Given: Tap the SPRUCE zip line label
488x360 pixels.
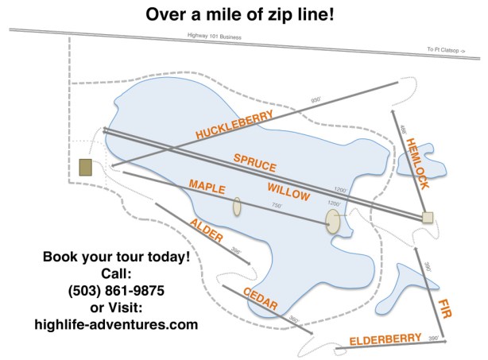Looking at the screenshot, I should (x=254, y=163).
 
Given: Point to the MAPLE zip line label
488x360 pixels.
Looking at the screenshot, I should (x=207, y=188).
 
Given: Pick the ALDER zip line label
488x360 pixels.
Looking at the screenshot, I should (x=206, y=229).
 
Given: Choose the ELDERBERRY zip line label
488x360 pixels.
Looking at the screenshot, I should (x=385, y=340).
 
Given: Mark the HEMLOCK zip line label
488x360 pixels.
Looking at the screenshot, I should (x=416, y=163).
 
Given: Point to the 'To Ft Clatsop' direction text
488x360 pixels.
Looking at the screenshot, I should (x=445, y=49).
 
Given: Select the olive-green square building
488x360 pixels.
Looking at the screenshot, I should (x=86, y=167).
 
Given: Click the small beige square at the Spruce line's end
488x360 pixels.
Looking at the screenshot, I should (x=428, y=217).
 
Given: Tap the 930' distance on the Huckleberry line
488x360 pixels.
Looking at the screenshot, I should (x=315, y=100).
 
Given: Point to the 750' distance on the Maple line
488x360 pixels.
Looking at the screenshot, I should (x=277, y=206).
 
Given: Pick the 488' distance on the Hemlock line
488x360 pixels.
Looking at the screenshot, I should (x=403, y=129).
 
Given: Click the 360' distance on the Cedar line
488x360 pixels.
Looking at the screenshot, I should (x=293, y=320).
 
